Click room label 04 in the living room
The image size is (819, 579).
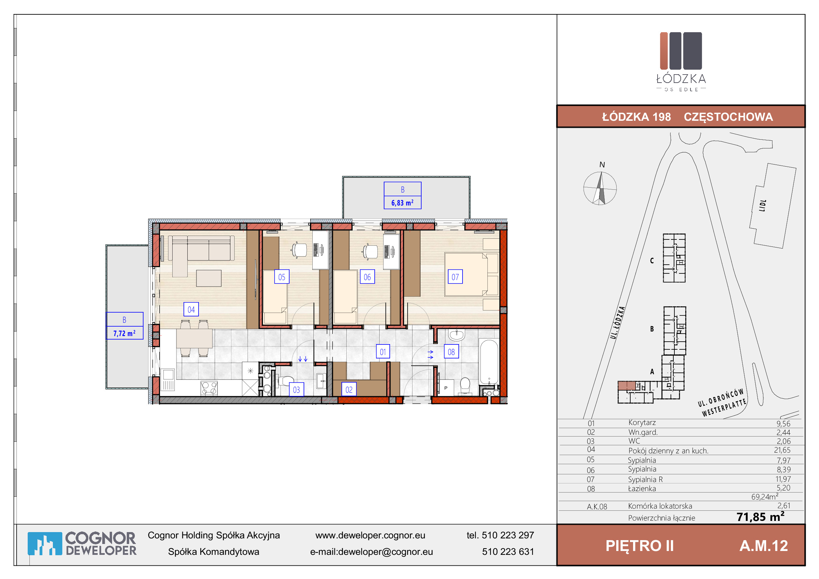(191, 309)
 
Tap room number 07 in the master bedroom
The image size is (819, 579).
(455, 277)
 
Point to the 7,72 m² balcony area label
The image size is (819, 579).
(125, 333)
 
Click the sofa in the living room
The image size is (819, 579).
(202, 252)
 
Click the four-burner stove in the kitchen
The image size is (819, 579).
(209, 388)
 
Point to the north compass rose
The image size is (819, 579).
(600, 188)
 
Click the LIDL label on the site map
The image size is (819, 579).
(763, 206)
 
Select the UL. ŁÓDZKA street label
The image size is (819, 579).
(618, 323)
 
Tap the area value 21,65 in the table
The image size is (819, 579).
(782, 450)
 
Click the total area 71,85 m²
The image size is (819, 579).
(761, 517)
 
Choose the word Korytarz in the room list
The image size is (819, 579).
(642, 423)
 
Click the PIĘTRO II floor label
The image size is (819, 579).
(640, 546)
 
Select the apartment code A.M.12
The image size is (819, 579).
(764, 546)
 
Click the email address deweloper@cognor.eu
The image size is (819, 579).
(385, 552)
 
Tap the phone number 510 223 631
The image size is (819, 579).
(508, 552)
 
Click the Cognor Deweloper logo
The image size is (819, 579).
(82, 544)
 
